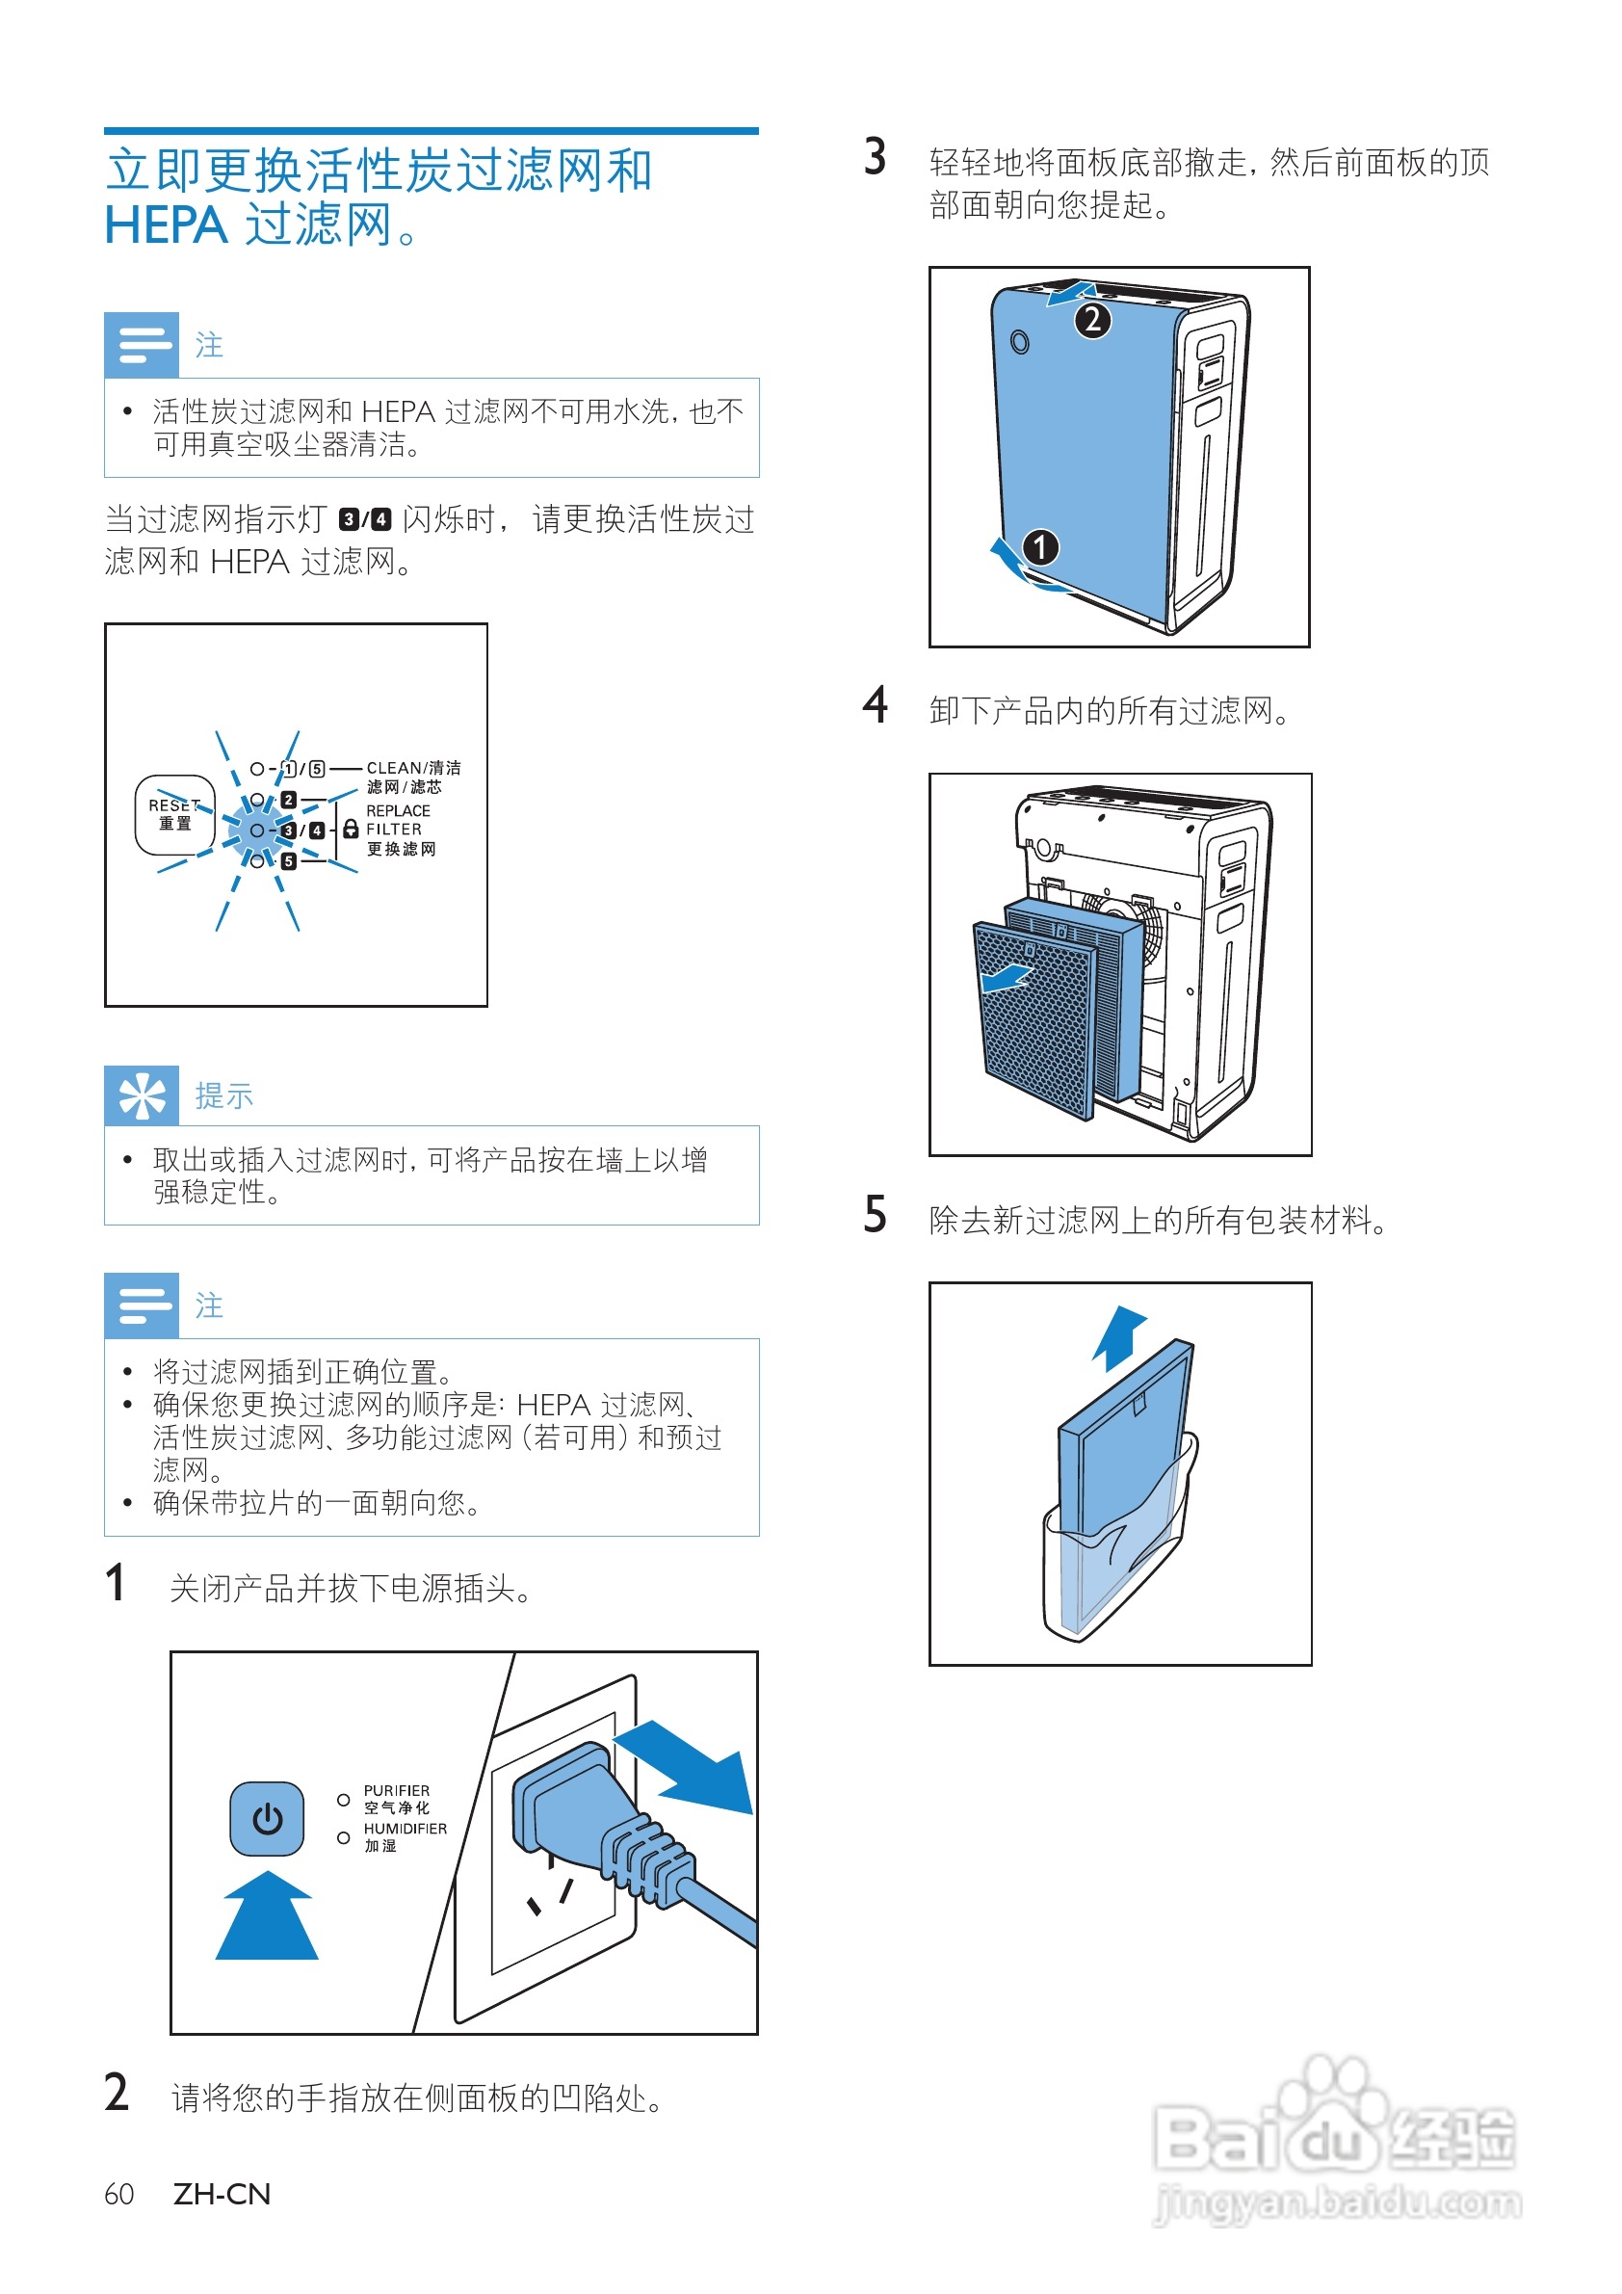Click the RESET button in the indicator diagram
pyautogui.click(x=173, y=814)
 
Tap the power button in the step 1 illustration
pyautogui.click(x=267, y=1818)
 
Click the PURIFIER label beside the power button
pyautogui.click(x=397, y=1790)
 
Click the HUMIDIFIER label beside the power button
pyautogui.click(x=405, y=1829)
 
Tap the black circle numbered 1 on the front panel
pyautogui.click(x=1039, y=546)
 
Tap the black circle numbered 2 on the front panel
pyautogui.click(x=1092, y=320)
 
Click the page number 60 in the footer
pyautogui.click(x=118, y=2193)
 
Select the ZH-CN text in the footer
pyautogui.click(x=222, y=2193)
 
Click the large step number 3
pyautogui.click(x=875, y=158)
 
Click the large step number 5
pyautogui.click(x=875, y=1216)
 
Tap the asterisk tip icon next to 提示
pyautogui.click(x=142, y=1095)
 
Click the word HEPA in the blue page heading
pyautogui.click(x=166, y=224)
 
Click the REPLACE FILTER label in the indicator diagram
pyautogui.click(x=398, y=819)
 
